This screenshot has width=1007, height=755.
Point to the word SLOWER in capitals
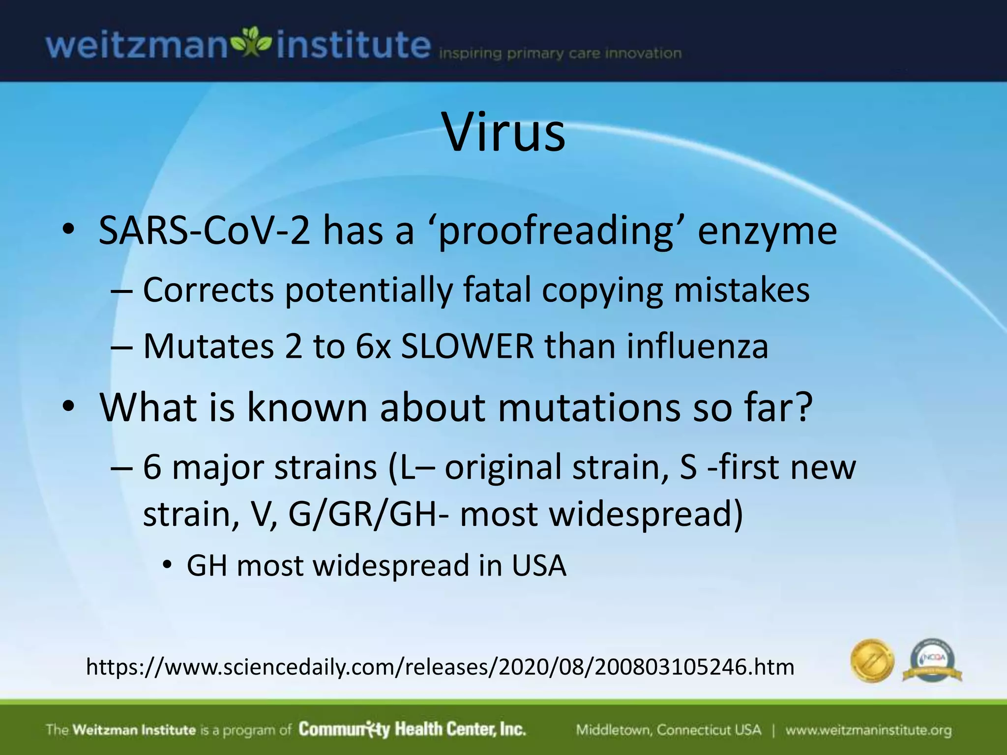click(x=467, y=347)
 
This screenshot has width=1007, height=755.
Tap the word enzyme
click(x=767, y=232)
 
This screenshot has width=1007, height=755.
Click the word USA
click(x=539, y=566)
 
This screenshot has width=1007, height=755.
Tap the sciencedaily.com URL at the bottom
click(x=440, y=667)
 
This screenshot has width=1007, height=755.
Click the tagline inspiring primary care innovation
click(x=560, y=54)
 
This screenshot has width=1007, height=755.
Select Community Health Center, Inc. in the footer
click(x=412, y=729)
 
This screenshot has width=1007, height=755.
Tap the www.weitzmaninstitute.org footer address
click(x=868, y=730)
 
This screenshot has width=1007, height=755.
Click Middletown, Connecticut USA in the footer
click(x=668, y=730)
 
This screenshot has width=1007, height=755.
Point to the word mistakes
click(x=741, y=290)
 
